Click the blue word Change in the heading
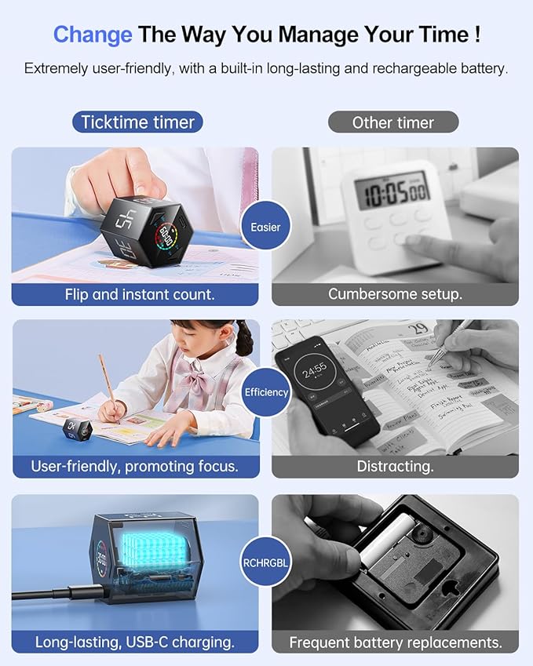click(93, 35)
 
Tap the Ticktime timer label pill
click(138, 122)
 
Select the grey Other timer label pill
click(392, 122)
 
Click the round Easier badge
click(265, 227)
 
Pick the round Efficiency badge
click(266, 391)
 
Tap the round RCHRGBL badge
click(266, 562)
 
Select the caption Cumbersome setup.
click(395, 295)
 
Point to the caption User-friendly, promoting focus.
click(134, 467)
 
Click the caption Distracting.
click(395, 467)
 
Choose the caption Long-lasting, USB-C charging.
click(134, 642)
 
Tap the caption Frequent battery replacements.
click(395, 642)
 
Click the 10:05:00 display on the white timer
click(392, 191)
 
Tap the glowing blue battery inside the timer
click(145, 558)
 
